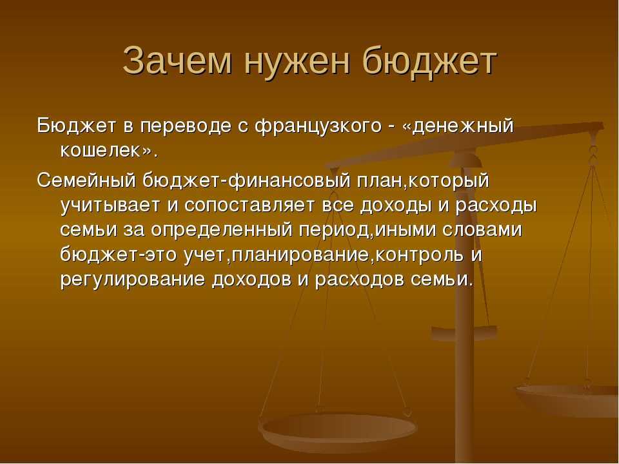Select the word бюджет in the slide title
pos(429,61)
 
